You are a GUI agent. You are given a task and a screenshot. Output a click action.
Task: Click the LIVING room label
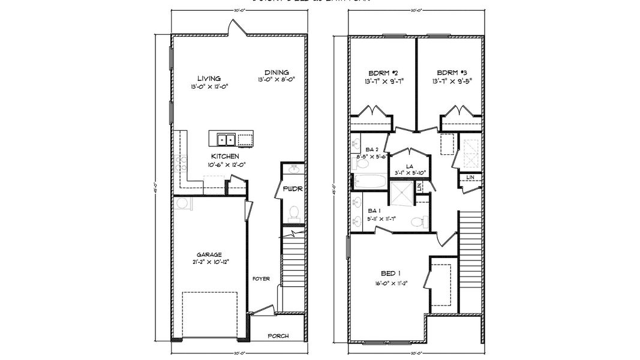[x=209, y=78]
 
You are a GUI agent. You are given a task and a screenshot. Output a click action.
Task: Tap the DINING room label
[x=277, y=72]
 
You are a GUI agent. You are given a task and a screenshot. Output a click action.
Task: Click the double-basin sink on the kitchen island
[x=226, y=139]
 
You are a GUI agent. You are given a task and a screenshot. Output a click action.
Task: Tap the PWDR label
[x=293, y=190]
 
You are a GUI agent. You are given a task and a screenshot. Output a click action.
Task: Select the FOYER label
[x=261, y=279]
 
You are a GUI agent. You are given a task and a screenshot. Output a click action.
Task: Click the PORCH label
[x=278, y=335]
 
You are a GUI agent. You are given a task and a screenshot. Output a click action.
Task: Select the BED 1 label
[x=387, y=273]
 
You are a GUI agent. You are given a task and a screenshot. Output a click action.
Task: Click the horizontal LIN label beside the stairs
[x=470, y=177]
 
